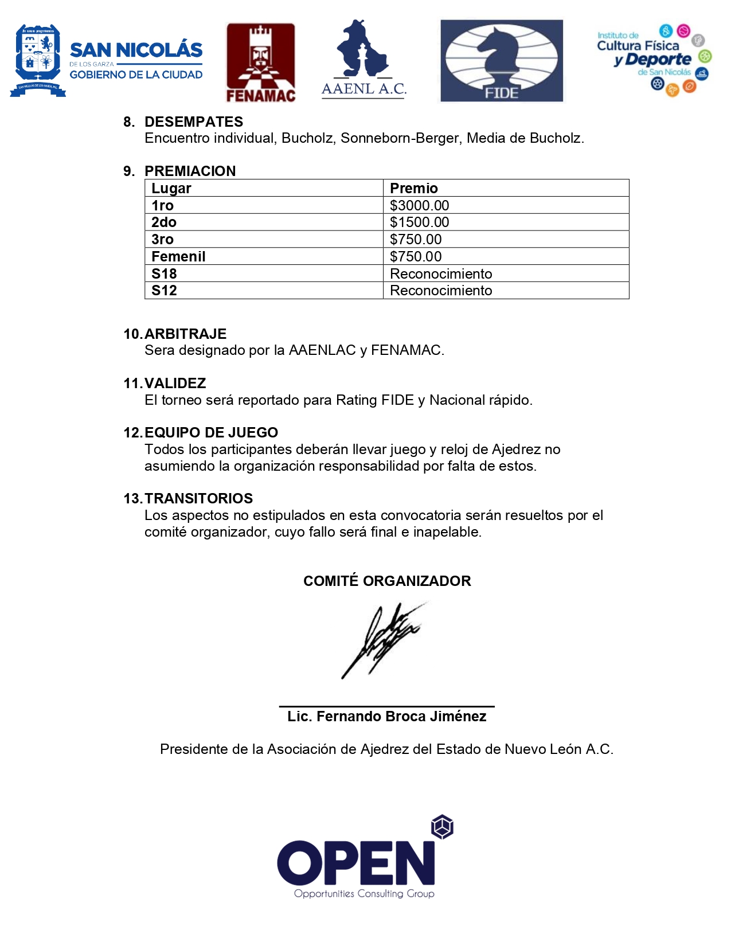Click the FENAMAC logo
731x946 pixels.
pyautogui.click(x=261, y=62)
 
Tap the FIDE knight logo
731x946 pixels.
pyautogui.click(x=502, y=61)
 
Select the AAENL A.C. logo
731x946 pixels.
pyautogui.click(x=363, y=60)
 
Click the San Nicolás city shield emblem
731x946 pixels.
pyautogui.click(x=38, y=59)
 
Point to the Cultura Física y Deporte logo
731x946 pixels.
pyautogui.click(x=654, y=59)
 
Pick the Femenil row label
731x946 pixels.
pyautogui.click(x=178, y=256)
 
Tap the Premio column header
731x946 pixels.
pyautogui.click(x=413, y=188)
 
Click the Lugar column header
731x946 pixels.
pyautogui.click(x=171, y=188)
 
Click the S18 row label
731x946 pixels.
pyautogui.click(x=164, y=273)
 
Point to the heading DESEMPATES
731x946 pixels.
pyautogui.click(x=194, y=122)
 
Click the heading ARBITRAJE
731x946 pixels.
pyautogui.click(x=185, y=334)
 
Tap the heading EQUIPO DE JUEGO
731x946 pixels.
pyautogui.click(x=211, y=432)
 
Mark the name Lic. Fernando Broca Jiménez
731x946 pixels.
pyautogui.click(x=386, y=716)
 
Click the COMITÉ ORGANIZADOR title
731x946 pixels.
pyautogui.click(x=387, y=581)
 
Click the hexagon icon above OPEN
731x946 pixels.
pyautogui.click(x=442, y=827)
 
